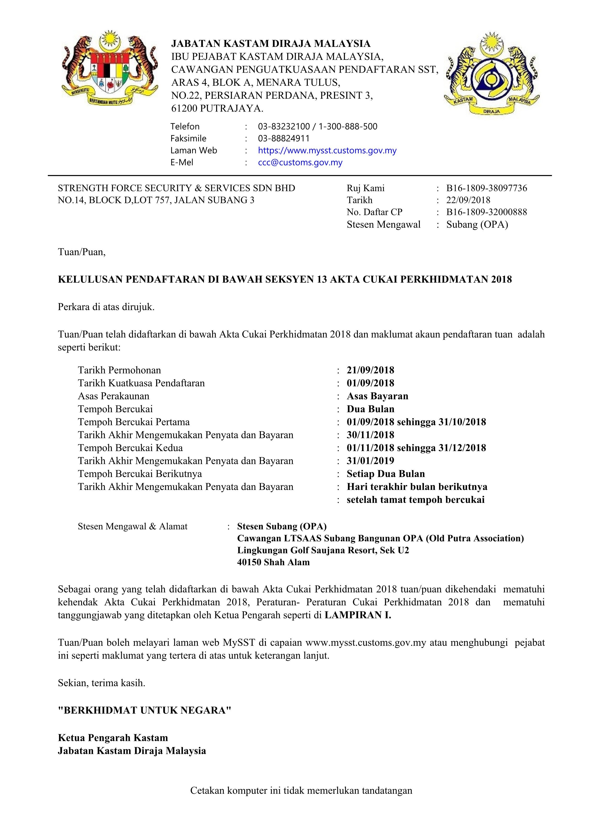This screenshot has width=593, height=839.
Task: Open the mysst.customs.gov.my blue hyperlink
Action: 327,151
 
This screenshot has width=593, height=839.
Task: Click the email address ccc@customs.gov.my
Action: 300,163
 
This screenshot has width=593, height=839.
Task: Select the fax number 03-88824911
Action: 284,138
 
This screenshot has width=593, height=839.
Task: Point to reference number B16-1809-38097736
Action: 486,188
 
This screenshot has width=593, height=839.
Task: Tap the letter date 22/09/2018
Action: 468,200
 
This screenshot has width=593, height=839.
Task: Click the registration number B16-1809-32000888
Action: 486,212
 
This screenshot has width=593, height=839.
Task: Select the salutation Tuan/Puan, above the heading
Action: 82,252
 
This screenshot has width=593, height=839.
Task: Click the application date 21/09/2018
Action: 370,370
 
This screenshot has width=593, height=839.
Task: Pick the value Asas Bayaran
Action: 377,396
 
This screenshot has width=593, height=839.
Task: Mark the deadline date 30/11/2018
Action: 370,435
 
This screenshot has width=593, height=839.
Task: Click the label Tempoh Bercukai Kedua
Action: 130,448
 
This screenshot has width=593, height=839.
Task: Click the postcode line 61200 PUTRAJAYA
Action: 217,109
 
